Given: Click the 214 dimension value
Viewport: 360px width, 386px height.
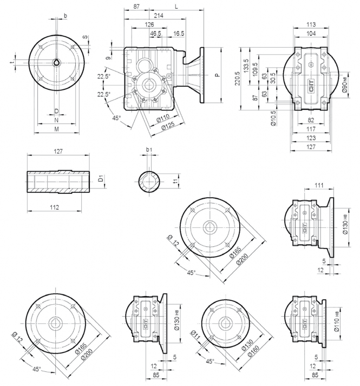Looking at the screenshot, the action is [x=159, y=16].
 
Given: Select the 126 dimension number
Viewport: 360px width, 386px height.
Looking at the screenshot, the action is [x=149, y=24].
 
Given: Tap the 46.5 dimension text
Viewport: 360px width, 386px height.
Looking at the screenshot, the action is [x=155, y=34].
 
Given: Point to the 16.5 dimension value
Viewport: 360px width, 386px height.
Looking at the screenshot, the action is [x=179, y=34].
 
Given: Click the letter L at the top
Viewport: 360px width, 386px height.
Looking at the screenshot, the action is [x=176, y=6].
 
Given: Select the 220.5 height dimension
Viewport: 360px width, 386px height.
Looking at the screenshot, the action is [x=237, y=78].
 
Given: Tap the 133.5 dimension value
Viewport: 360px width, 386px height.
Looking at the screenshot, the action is [x=246, y=66].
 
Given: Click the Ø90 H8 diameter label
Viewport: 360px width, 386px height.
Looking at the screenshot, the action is [x=345, y=84].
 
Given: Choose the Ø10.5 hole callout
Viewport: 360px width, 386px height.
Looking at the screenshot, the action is [x=273, y=118].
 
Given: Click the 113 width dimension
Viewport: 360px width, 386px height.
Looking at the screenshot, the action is [x=311, y=24].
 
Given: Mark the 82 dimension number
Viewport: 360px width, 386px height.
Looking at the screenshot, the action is [x=311, y=120].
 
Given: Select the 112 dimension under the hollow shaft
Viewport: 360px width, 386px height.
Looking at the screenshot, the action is [x=55, y=207].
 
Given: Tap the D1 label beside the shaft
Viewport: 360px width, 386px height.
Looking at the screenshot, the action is [x=101, y=179].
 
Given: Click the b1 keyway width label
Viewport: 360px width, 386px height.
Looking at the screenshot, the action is [x=149, y=149].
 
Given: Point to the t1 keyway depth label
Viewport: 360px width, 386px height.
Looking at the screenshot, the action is [x=175, y=181].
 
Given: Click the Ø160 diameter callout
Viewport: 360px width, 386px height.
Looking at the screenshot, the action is [x=254, y=351].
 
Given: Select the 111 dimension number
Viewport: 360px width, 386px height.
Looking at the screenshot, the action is [x=319, y=185].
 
